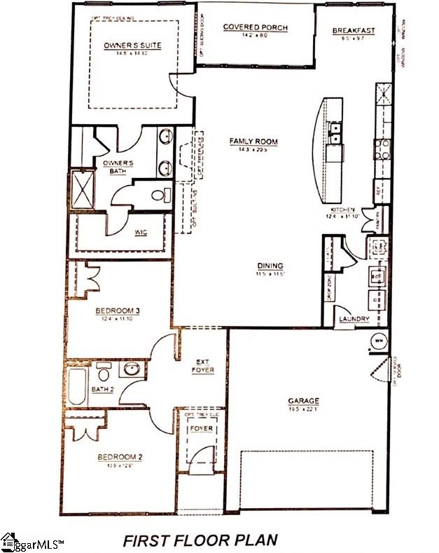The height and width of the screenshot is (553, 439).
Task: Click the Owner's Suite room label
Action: pyautogui.click(x=132, y=46)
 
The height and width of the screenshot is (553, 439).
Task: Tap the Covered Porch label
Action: pyautogui.click(x=255, y=27)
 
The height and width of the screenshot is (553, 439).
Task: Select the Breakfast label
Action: pyautogui.click(x=353, y=30)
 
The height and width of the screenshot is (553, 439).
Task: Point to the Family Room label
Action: pyautogui.click(x=253, y=142)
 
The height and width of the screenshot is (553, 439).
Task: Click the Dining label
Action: pyautogui.click(x=270, y=266)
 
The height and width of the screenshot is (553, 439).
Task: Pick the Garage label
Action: pyautogui.click(x=303, y=402)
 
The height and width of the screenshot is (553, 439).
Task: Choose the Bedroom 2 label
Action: pyautogui.click(x=120, y=457)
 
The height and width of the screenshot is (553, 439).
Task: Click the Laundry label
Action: pyautogui.click(x=354, y=320)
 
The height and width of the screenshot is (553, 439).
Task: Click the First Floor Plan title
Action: pyautogui.click(x=200, y=540)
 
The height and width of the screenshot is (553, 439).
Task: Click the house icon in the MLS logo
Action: pyautogui.click(x=8, y=541)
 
